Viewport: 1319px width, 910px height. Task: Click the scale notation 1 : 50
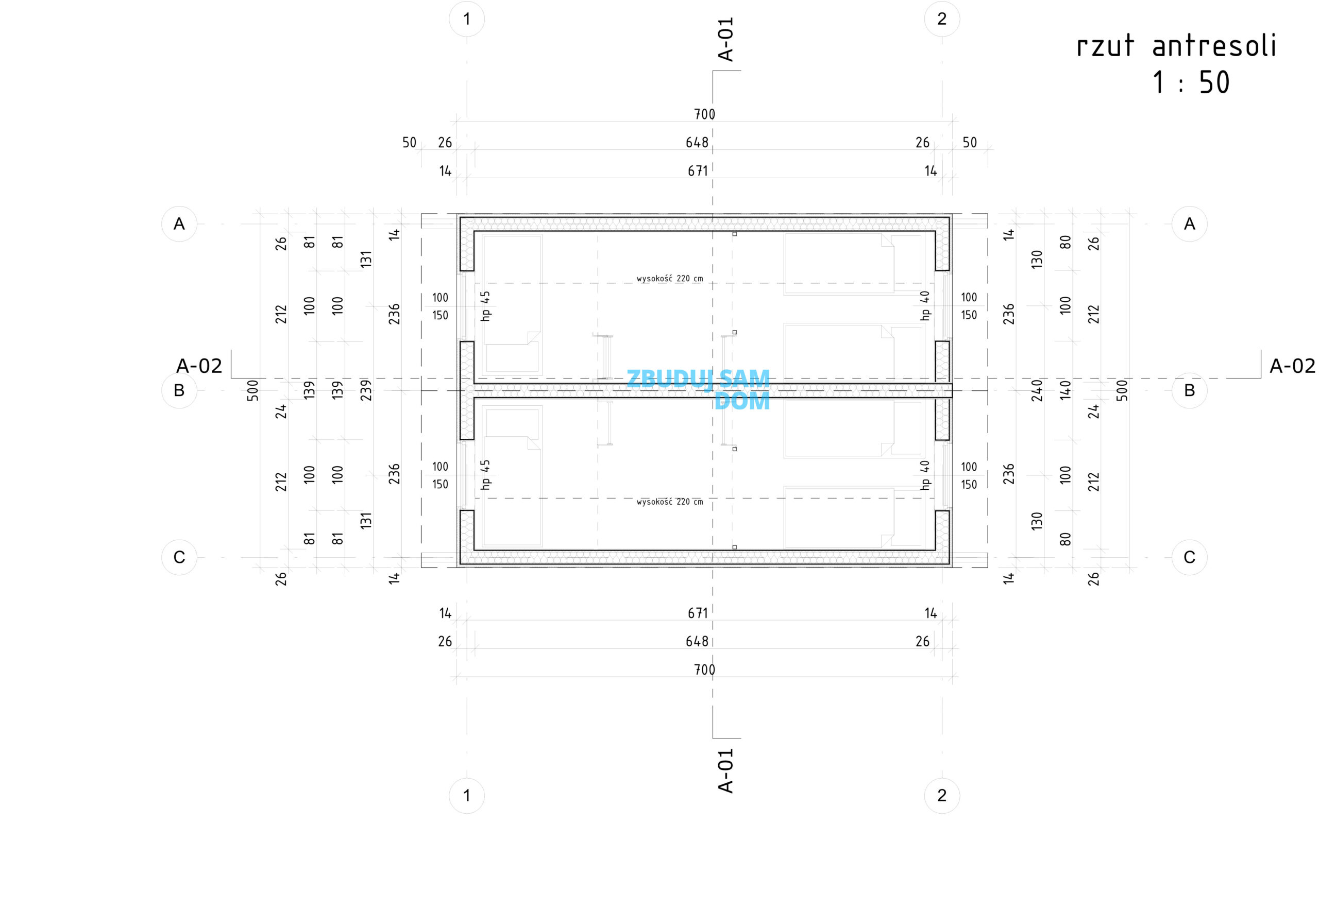click(1191, 83)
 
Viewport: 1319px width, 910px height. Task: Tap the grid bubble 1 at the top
click(467, 19)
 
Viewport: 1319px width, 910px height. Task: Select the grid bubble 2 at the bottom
click(942, 795)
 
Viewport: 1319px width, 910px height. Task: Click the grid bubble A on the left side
click(179, 224)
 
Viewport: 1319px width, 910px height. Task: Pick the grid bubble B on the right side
click(1189, 390)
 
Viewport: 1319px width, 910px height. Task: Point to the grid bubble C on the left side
click(179, 557)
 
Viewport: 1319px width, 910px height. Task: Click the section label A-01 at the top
click(725, 39)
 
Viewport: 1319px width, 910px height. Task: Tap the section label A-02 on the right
click(1292, 366)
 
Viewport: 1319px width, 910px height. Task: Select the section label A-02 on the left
click(199, 366)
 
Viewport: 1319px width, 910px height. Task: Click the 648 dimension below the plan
click(697, 642)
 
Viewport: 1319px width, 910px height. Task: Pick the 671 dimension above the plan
click(697, 171)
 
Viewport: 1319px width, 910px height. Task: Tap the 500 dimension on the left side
click(253, 390)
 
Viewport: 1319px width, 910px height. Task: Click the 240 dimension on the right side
click(1037, 390)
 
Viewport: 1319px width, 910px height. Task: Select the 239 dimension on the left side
click(366, 390)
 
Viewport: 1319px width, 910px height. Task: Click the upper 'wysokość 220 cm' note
click(670, 279)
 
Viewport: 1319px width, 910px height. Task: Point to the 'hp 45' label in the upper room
click(485, 306)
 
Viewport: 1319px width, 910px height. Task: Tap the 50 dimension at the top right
click(969, 143)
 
